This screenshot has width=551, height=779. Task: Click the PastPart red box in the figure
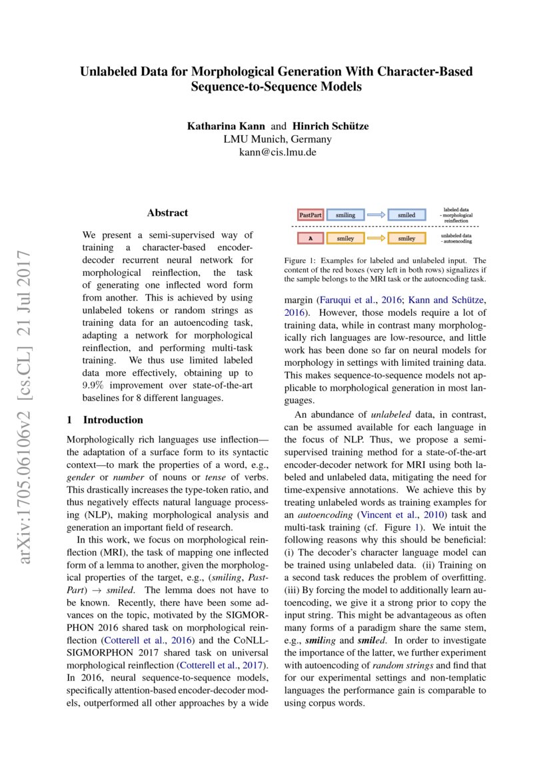click(310, 215)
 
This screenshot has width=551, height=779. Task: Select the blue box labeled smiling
click(345, 215)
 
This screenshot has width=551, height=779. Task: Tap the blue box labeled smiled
click(406, 215)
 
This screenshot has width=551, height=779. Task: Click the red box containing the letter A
click(310, 238)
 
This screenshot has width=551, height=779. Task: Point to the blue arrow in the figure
click(376, 215)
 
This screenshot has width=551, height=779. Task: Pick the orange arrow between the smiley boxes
click(376, 238)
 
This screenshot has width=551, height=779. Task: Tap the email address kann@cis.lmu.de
click(276, 152)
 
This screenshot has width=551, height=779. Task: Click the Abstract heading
click(167, 213)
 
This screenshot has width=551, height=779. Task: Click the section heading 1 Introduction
click(105, 420)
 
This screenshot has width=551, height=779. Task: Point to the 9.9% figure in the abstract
click(94, 387)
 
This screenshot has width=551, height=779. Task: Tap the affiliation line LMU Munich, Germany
click(276, 139)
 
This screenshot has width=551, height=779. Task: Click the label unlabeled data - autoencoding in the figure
click(456, 239)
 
